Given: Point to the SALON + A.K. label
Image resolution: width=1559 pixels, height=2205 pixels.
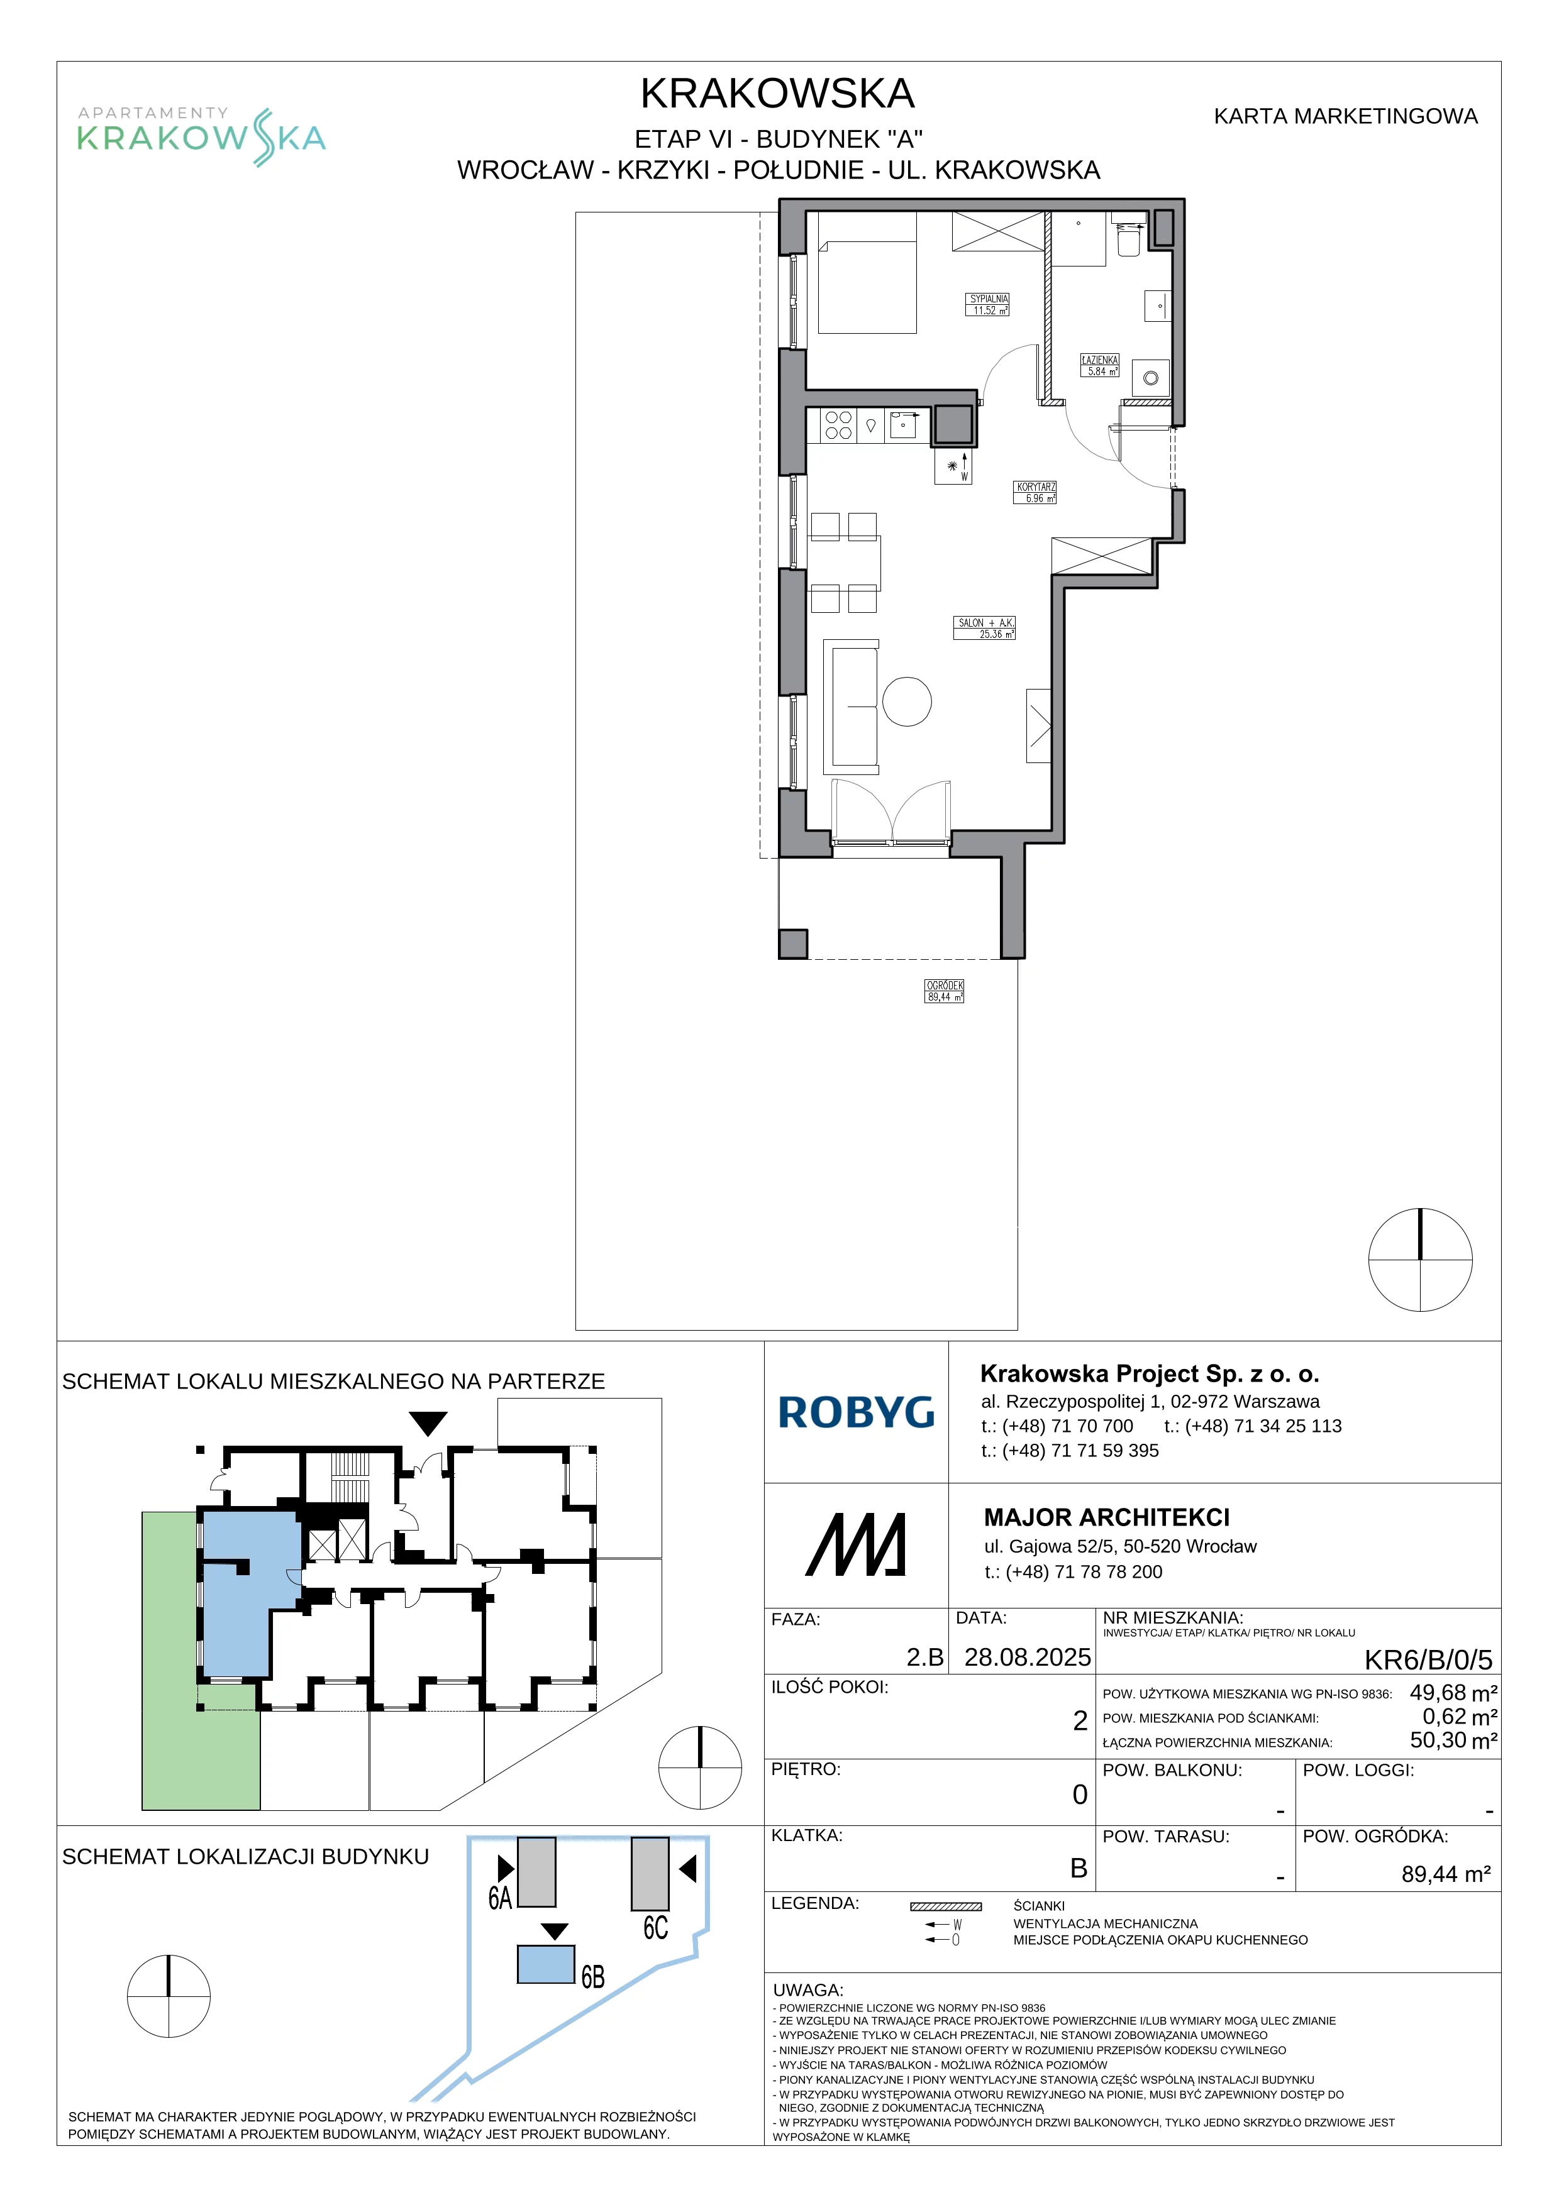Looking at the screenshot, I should tap(985, 628).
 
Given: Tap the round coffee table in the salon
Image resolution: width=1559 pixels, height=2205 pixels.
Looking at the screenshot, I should tap(907, 701).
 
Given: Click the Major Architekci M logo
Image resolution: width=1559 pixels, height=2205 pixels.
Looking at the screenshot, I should tap(855, 1544).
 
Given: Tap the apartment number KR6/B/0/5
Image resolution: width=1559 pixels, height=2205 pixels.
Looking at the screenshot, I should tap(1428, 1659).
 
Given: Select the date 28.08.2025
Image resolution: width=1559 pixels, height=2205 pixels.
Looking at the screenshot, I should tap(1027, 1658).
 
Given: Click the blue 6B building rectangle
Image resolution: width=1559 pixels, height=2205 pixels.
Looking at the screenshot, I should tap(546, 1964).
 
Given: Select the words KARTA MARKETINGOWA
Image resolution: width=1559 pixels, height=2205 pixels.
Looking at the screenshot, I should tap(1345, 116).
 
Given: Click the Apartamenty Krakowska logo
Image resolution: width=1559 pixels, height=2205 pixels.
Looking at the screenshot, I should tap(202, 136).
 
